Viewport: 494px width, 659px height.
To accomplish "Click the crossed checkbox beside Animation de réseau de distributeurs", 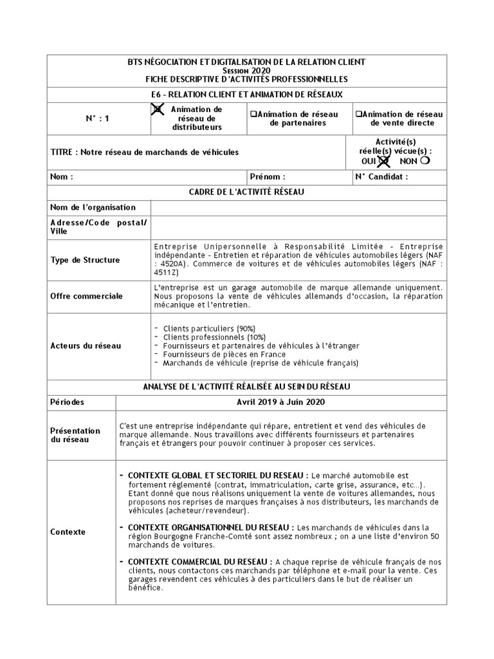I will (x=157, y=110).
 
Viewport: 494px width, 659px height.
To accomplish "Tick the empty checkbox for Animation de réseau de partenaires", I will (x=253, y=114).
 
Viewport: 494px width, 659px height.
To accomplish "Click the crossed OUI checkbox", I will (x=383, y=161).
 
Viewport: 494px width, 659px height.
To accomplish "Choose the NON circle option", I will (x=425, y=160).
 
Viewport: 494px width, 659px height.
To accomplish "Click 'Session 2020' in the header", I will (x=246, y=70).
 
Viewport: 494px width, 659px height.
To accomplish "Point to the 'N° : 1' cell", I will (x=98, y=118).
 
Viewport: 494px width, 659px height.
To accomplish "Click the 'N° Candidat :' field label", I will (x=381, y=176).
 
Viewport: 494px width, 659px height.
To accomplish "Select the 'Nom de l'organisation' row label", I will (x=93, y=207).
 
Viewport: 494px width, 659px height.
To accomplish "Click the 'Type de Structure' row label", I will (x=85, y=260).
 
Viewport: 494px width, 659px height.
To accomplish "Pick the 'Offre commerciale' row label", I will (x=86, y=297).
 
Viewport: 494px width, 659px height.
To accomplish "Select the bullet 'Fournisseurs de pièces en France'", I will (x=224, y=354).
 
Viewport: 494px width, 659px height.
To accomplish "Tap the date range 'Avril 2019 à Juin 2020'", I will (x=280, y=402).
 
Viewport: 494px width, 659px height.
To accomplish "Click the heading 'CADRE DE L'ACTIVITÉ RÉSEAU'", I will (x=246, y=192).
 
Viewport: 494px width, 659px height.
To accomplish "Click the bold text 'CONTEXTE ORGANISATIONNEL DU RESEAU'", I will (x=211, y=526).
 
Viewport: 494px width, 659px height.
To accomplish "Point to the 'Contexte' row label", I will (x=68, y=532).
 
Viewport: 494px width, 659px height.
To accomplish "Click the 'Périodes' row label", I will (x=67, y=402).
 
